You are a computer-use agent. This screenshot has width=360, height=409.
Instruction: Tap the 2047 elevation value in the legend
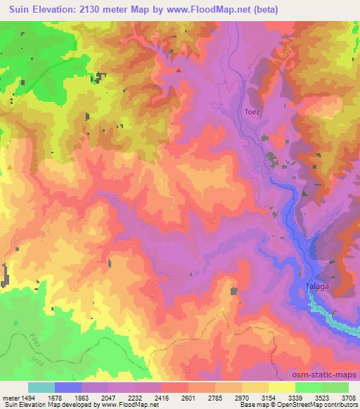pos(109,398)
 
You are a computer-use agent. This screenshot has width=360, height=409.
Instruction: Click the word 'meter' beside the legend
pos(9,398)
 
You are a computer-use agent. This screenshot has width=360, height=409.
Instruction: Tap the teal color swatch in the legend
pos(41,387)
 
